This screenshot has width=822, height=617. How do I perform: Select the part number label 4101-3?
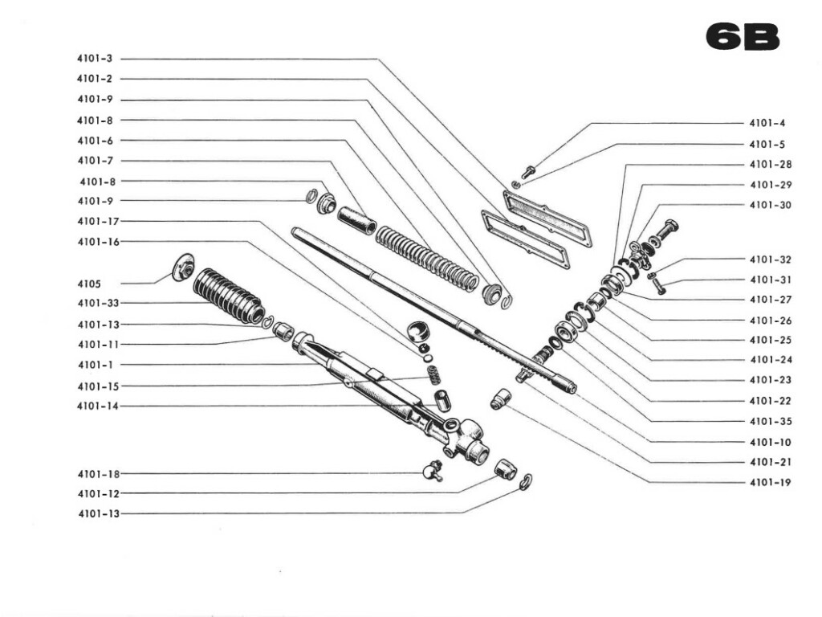click(95, 59)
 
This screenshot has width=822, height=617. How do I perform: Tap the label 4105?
click(90, 284)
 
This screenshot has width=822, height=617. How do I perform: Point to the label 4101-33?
click(97, 303)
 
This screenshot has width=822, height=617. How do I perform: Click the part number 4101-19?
click(770, 483)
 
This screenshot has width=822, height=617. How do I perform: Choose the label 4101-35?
click(770, 421)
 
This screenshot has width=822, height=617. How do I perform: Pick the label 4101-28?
click(770, 165)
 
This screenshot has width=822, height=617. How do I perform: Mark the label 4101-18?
click(97, 474)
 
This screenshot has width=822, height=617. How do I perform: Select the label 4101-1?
click(95, 365)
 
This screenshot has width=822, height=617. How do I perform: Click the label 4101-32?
click(770, 259)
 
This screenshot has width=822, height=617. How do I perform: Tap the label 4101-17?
click(97, 221)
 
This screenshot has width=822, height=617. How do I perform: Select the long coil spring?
click(427, 259)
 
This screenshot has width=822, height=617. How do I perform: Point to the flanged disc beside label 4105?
click(185, 267)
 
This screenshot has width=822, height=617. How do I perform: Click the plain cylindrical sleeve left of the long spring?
click(356, 219)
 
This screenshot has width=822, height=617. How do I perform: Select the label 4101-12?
click(97, 493)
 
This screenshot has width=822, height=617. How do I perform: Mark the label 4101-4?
click(767, 124)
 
